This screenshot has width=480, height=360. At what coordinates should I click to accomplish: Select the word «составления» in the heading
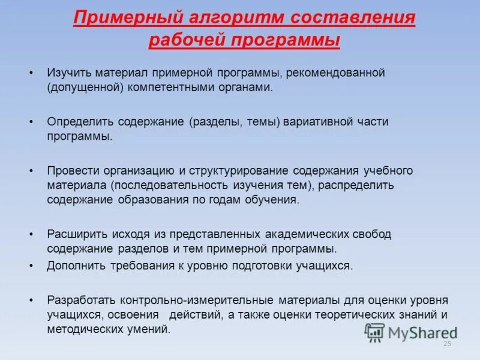tap(353, 17)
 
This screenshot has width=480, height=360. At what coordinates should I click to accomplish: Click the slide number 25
tap(446, 343)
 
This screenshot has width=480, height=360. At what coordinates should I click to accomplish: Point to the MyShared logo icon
tap(375, 332)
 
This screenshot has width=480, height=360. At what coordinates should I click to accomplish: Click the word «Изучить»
tap(68, 73)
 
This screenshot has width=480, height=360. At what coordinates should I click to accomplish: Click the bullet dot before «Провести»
tap(31, 170)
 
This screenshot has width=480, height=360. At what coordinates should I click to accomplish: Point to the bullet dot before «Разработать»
tap(31, 299)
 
